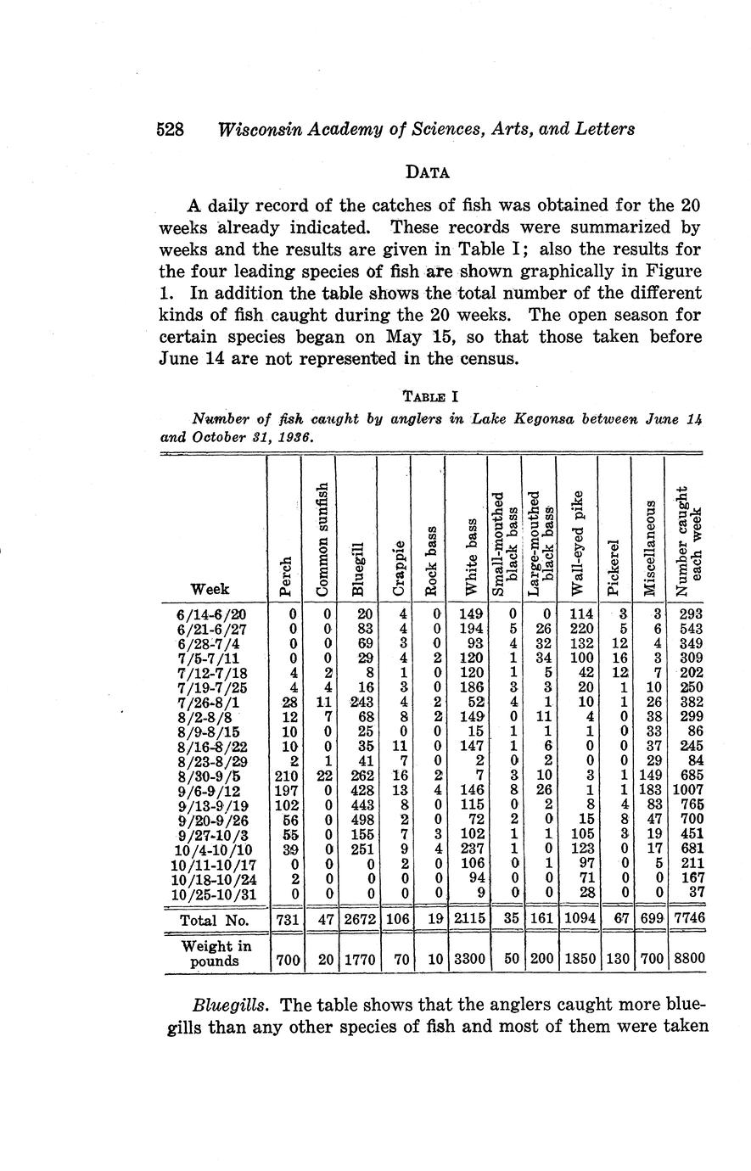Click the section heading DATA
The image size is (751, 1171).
[428, 171]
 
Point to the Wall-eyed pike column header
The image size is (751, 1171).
[578, 543]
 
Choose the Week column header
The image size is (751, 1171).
[209, 588]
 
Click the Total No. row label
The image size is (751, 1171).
[213, 920]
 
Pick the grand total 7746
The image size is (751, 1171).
[687, 920]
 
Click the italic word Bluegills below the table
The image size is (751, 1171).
[228, 1005]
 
